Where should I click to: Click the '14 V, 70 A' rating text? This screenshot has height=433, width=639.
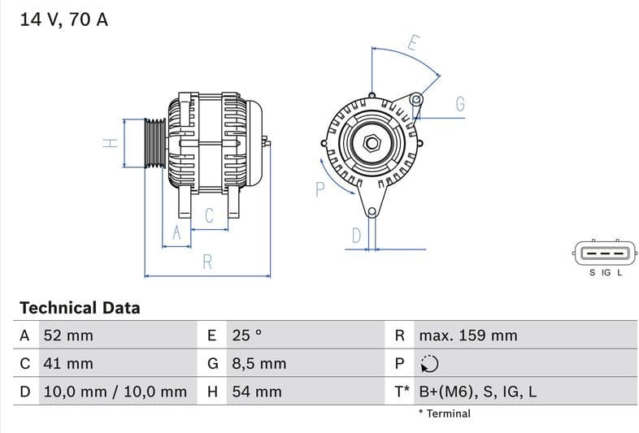tap(63, 19)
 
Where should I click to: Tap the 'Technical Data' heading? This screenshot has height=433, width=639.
tap(80, 308)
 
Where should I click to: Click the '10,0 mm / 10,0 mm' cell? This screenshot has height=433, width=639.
tap(115, 392)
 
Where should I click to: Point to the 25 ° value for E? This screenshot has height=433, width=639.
tap(247, 336)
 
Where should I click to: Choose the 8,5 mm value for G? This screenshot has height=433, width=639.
tap(259, 364)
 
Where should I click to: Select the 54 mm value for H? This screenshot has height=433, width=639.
tap(257, 392)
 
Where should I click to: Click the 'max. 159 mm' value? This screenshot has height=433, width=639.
tap(467, 336)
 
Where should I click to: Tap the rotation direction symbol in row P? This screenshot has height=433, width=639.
tap(429, 364)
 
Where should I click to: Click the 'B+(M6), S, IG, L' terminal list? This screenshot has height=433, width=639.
tap(477, 392)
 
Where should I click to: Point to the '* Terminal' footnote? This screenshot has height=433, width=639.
tap(444, 414)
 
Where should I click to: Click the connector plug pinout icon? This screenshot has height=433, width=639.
tap(602, 253)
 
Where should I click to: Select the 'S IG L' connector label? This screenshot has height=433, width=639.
tap(606, 273)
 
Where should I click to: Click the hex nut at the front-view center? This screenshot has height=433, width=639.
tap(372, 144)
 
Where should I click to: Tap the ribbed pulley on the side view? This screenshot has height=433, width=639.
tap(154, 144)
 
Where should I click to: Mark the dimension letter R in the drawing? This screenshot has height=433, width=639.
tap(207, 262)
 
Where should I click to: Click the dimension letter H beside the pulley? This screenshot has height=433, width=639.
tap(111, 144)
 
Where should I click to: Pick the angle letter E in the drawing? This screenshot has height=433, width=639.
tap(413, 43)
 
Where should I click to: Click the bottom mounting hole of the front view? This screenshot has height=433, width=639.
tap(372, 213)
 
